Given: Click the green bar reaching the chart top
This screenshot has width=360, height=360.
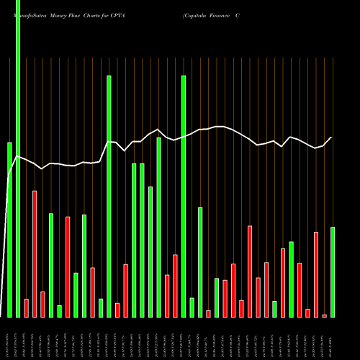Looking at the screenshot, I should coord(18,158).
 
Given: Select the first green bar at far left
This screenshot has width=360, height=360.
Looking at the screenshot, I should coord(9,230).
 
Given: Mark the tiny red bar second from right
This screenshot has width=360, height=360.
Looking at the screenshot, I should coord(324,315).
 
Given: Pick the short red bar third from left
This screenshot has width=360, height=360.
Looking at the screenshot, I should coord(26,307).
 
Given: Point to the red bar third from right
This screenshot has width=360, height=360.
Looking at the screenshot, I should coord(316,274).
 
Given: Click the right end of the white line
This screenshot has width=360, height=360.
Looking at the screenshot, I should coord(332,137).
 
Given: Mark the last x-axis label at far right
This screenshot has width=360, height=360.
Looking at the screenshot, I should coord(333,339).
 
